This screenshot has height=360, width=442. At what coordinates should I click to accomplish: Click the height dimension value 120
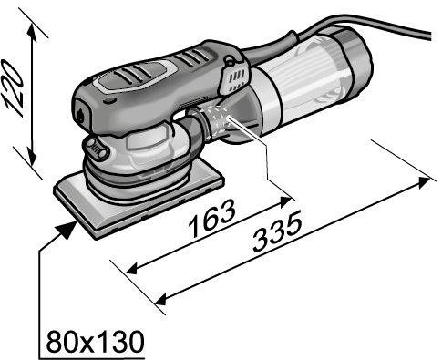[13, 88]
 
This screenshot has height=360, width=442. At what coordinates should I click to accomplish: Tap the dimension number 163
[211, 218]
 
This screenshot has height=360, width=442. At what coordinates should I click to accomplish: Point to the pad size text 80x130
[95, 341]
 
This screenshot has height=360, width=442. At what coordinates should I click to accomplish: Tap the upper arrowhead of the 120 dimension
[33, 31]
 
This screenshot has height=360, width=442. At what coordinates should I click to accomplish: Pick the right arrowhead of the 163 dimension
[285, 201]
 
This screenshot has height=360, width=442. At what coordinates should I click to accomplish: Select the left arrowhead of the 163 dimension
[133, 269]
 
